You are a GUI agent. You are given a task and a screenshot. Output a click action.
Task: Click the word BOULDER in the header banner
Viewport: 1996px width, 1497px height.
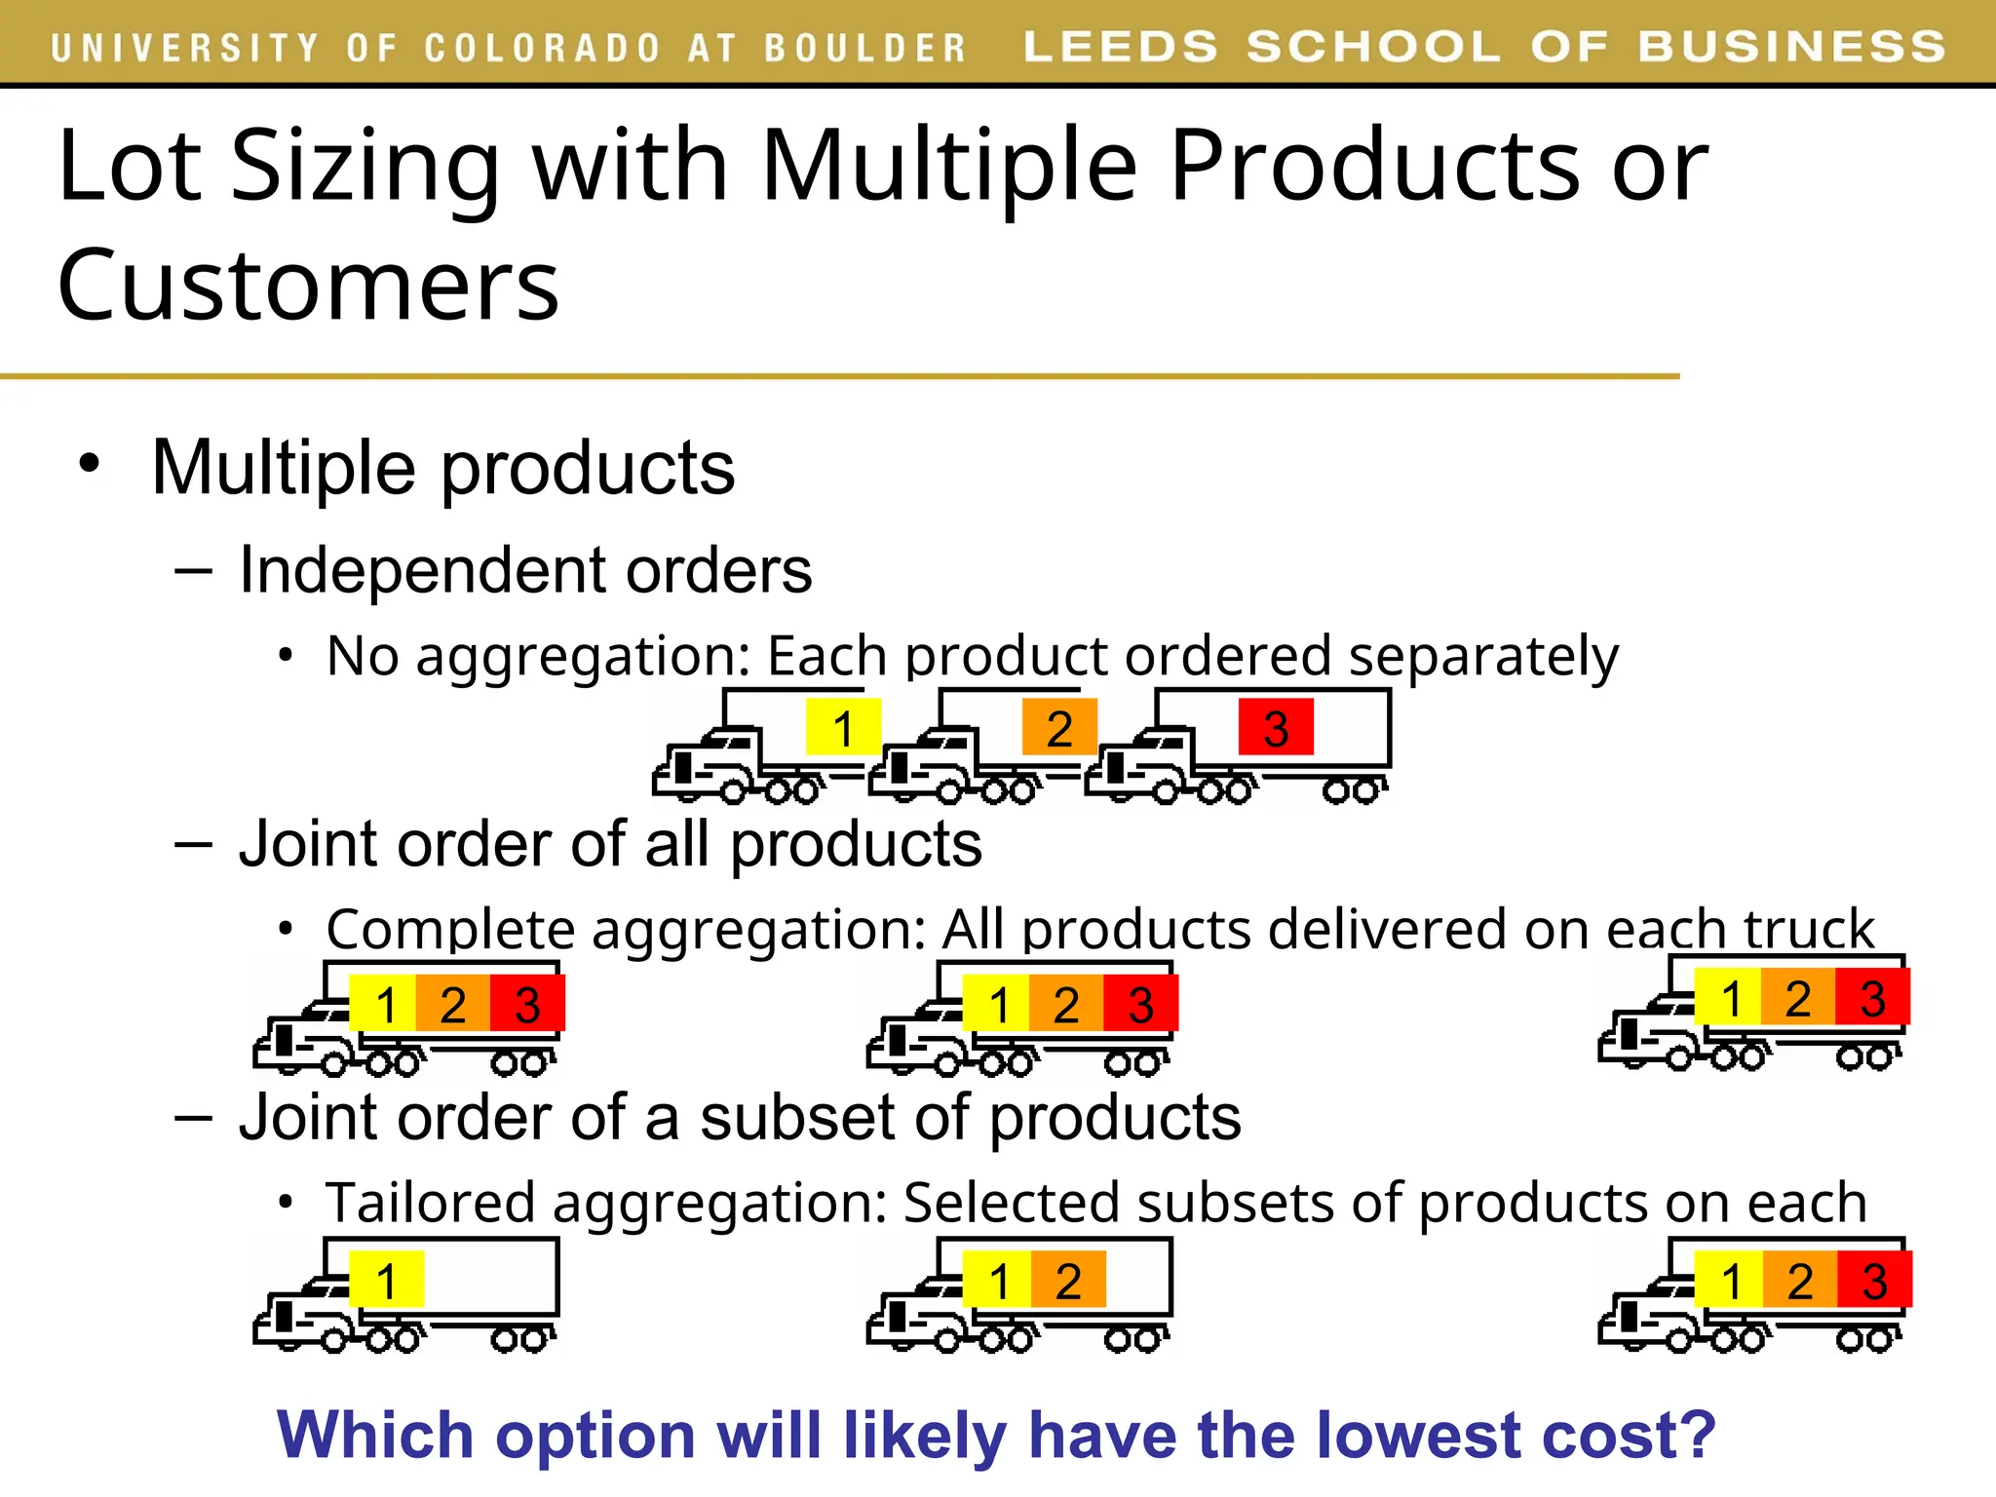point(864,48)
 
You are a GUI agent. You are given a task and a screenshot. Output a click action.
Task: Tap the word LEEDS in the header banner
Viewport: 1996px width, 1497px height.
point(1120,47)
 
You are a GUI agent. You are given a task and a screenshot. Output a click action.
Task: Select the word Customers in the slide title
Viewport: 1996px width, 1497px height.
point(308,286)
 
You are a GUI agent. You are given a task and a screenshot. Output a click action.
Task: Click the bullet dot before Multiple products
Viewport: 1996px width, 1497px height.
point(90,464)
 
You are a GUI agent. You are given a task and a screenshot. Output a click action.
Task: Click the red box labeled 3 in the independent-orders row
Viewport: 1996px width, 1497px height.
point(1276,727)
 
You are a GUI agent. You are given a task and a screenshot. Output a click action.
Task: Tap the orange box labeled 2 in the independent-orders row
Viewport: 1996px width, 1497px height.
point(1059,727)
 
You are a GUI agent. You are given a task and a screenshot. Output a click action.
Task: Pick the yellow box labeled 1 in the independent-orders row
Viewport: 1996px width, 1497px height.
point(843,727)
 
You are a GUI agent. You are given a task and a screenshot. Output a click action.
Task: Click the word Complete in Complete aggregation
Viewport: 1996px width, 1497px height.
point(450,929)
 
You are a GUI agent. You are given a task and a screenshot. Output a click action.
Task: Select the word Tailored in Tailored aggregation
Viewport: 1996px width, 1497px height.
point(430,1203)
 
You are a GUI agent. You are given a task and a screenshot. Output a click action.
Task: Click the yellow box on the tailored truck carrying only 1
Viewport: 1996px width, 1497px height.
point(387,1280)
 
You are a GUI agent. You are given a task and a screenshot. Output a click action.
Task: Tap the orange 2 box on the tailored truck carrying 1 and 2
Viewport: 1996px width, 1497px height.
point(1068,1280)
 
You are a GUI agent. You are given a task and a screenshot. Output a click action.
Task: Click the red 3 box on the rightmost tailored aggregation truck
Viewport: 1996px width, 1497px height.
point(1874,1280)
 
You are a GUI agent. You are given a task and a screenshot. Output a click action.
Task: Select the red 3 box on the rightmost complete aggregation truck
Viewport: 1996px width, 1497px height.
point(1872,997)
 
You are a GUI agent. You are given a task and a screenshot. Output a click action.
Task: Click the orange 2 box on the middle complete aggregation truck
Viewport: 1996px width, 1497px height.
point(1066,1004)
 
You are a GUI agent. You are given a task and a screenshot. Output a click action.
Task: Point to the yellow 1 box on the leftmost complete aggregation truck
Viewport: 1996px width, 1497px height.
point(383,1004)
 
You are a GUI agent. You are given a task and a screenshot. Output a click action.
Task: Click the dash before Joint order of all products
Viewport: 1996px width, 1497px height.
point(193,843)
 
